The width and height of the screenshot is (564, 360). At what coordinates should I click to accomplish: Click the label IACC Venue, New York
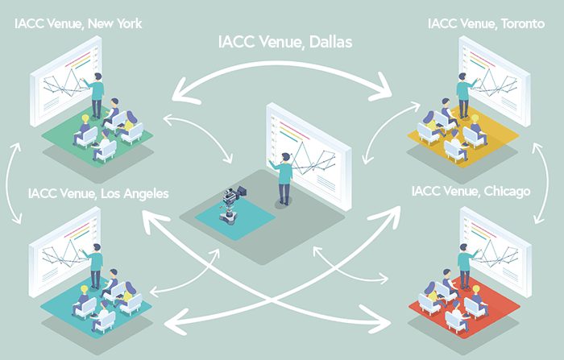tap(78, 23)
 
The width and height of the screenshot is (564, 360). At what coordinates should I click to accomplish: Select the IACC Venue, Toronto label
tap(487, 23)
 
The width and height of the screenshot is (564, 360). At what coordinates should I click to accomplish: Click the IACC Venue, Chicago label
tap(471, 192)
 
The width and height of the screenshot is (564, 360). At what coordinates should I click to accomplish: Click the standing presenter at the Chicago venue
tap(464, 266)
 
